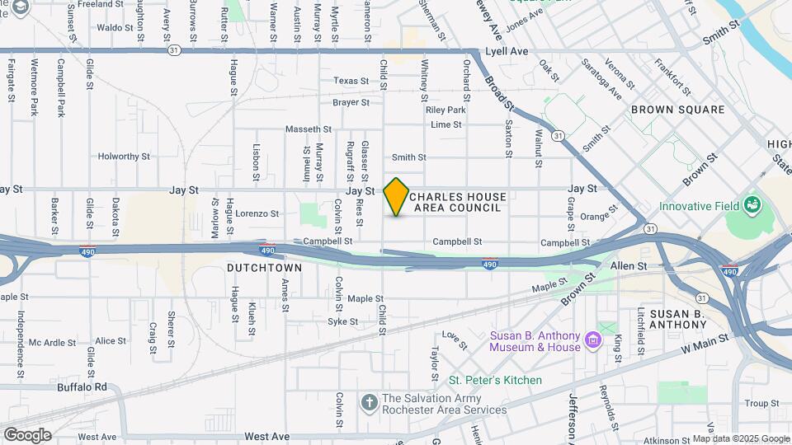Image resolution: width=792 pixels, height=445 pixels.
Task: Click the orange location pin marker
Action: (x=397, y=196)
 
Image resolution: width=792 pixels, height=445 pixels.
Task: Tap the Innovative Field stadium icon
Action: (x=751, y=204)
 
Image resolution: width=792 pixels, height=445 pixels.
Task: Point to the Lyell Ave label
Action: (x=507, y=51)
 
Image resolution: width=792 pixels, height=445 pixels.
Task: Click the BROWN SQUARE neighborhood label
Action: (x=677, y=110)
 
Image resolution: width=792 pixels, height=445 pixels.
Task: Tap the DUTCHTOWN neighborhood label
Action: (x=264, y=269)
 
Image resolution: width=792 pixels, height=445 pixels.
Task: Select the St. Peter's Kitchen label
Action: (x=495, y=380)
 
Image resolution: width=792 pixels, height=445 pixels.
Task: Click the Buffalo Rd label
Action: (x=82, y=386)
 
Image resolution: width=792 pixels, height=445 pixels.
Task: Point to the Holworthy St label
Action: (x=124, y=156)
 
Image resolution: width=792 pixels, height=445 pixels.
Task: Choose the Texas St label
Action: (x=351, y=81)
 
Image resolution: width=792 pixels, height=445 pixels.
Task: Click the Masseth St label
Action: (x=308, y=129)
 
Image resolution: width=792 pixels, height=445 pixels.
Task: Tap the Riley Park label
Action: (x=445, y=110)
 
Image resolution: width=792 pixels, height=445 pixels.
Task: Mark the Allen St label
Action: (x=628, y=266)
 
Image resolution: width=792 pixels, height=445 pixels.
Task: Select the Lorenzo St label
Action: (x=257, y=213)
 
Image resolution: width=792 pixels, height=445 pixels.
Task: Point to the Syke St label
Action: (x=343, y=321)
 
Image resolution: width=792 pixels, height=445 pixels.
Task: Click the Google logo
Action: (x=27, y=434)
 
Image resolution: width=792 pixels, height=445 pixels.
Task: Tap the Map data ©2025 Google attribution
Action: (x=740, y=438)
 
